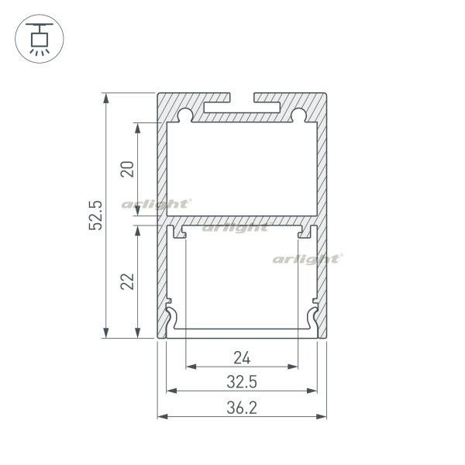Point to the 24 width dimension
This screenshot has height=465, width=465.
tap(242, 358)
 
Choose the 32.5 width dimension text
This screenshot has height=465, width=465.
tap(242, 382)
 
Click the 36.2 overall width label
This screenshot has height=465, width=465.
tap(242, 407)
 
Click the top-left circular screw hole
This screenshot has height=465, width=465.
tap(185, 116)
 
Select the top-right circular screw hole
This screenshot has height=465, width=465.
tap(298, 116)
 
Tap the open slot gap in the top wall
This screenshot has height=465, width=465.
tap(242, 98)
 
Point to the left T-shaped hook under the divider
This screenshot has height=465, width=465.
tap(181, 232)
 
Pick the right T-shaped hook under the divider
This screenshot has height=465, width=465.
tap(303, 232)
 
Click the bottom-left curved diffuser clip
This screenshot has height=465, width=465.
tap(172, 318)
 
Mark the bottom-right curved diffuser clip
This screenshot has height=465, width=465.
tap(312, 318)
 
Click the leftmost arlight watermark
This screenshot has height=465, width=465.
tap(156, 204)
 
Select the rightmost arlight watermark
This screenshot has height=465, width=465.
tap(307, 259)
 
